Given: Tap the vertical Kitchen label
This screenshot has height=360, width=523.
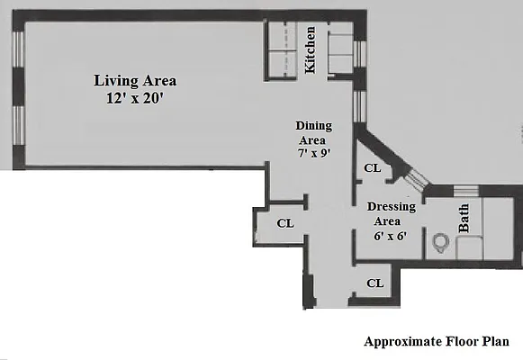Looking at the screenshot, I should point(311,49).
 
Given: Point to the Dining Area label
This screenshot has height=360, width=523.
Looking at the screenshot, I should point(314,133).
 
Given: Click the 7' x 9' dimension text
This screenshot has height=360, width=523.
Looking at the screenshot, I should point(314,152).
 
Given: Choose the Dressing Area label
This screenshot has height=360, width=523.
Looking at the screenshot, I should point(391,214).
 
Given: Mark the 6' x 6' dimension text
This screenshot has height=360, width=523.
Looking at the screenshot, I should point(391,237).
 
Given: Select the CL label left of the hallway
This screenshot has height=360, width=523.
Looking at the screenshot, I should point(284,223).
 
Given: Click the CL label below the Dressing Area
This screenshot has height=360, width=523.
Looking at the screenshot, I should point(375,283).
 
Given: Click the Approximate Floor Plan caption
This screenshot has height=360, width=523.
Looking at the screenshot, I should point(437,342).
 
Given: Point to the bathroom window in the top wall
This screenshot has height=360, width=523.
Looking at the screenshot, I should point(466,189).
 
